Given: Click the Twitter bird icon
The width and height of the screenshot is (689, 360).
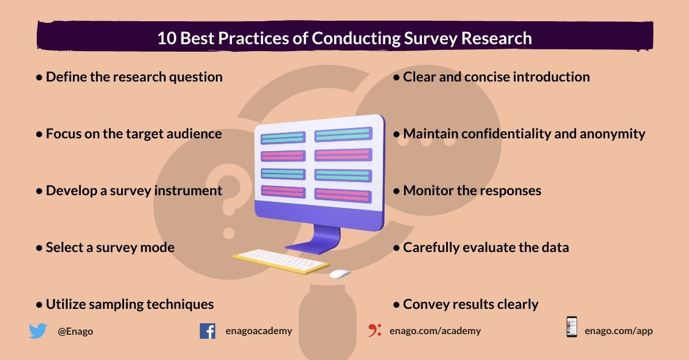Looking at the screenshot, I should coord(37,331).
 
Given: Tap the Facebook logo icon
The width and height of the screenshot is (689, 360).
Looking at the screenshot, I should coord(207,331).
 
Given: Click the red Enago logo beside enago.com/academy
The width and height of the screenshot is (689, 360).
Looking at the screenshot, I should coord(375,331).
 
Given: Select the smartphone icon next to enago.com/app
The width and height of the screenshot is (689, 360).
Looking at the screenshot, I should coord(571,327).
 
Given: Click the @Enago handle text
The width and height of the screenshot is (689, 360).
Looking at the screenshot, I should coord(75,331).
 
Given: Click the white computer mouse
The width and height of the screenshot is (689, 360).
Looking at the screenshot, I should coord(339,274).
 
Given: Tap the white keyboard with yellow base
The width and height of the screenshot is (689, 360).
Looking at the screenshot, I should coord(281,262).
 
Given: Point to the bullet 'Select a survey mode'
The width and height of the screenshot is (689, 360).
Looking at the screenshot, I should coord(106,247).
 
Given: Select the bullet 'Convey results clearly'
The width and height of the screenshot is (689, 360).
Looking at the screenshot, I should coord(466,304).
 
